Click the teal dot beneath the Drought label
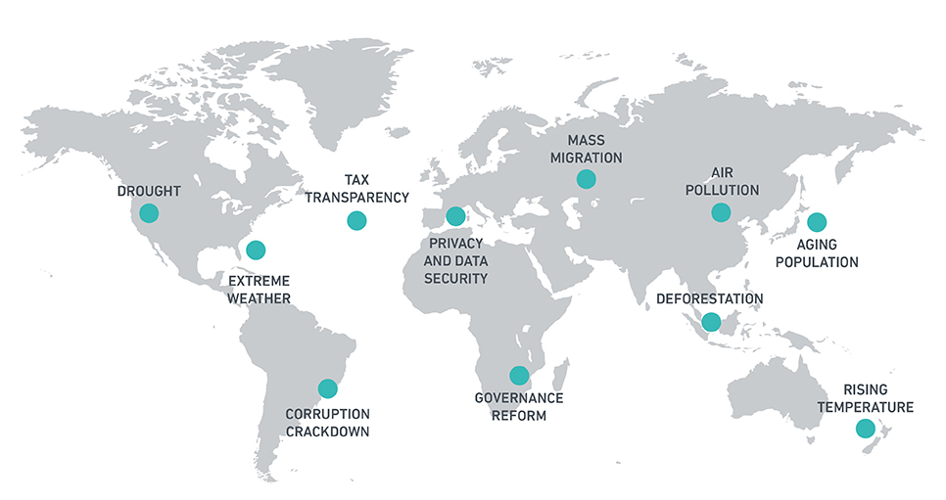(149, 212)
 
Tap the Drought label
(148, 190)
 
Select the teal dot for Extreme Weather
(256, 250)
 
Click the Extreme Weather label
(259, 289)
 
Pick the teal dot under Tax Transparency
(356, 220)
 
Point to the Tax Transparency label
(356, 189)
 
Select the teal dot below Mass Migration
(586, 178)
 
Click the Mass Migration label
(586, 149)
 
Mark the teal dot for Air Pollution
(721, 211)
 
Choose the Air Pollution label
(723, 182)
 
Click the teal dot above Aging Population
(816, 222)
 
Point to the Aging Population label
(814, 253)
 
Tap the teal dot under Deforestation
(711, 321)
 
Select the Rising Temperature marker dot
(865, 428)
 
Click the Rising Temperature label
(866, 399)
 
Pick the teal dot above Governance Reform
(519, 374)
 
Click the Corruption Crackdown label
(327, 422)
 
